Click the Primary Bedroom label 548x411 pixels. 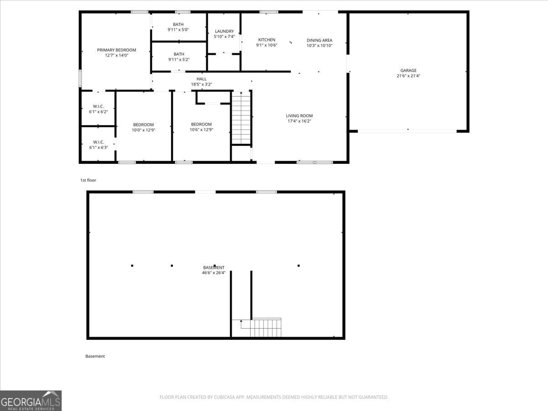[116, 50]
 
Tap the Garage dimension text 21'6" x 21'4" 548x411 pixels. [408, 76]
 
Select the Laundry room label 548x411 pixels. [224, 31]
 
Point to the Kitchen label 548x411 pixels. [267, 40]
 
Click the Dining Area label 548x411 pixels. [319, 40]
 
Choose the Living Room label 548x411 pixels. [299, 116]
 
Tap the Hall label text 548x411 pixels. [201, 79]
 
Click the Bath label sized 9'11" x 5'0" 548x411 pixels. [179, 24]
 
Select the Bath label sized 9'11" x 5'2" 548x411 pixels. [179, 54]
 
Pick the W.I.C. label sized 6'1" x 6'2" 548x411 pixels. [98, 106]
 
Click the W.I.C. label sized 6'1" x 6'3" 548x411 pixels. [98, 142]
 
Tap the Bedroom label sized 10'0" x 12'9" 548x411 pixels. [143, 125]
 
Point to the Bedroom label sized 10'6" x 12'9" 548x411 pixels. [201, 124]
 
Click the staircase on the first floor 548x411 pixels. [241, 118]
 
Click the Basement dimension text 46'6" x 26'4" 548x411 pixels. [214, 273]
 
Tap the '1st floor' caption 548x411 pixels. [88, 180]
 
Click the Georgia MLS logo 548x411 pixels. [31, 400]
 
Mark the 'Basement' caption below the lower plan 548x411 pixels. [95, 356]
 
